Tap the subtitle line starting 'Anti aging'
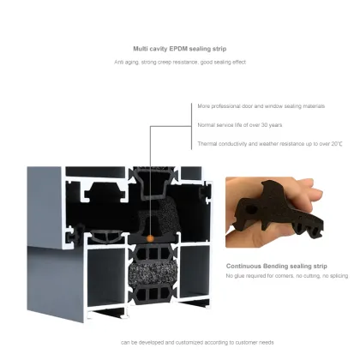coord(179,63)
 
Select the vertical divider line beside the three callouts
coord(190,127)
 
